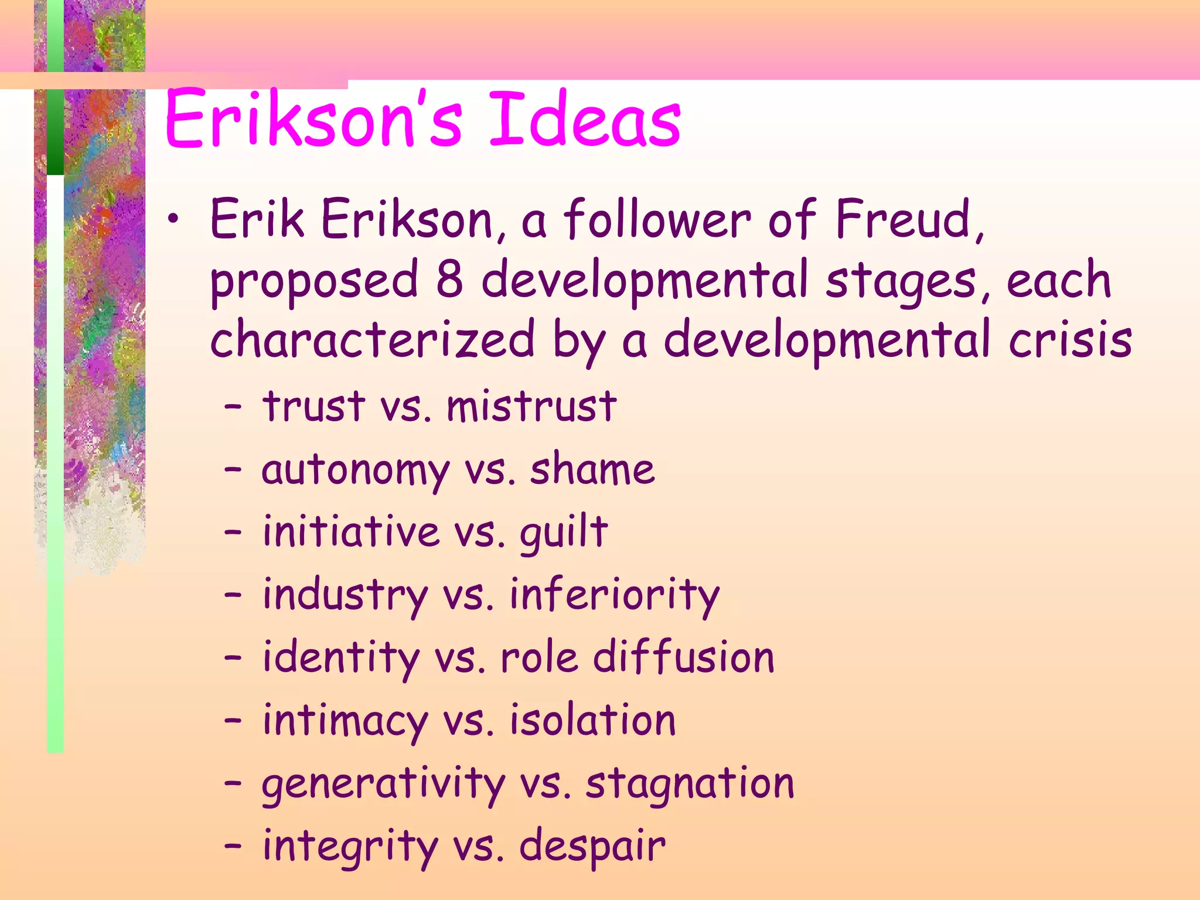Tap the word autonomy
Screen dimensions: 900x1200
355,470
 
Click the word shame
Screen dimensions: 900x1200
592,470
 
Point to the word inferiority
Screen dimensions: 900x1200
614,595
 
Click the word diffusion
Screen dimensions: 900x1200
683,657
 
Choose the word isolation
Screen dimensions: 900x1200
592,721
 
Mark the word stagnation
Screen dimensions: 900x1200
690,784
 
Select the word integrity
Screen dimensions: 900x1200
350,847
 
